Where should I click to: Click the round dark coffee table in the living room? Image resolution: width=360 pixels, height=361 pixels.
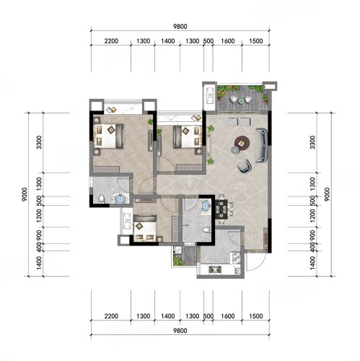point(242,144)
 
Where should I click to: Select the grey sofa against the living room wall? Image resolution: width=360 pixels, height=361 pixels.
point(261,145)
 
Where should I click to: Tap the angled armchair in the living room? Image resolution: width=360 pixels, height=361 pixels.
point(244,166)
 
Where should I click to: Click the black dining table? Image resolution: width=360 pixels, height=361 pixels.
point(221,209)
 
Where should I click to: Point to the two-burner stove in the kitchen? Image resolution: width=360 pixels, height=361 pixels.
point(215,269)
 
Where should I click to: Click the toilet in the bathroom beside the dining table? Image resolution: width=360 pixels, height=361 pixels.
point(206,230)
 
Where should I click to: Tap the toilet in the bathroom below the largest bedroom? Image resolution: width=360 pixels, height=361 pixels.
point(102,199)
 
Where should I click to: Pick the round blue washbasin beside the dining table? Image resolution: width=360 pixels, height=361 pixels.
point(206,206)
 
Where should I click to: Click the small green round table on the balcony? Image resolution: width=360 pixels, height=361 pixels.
point(241,101)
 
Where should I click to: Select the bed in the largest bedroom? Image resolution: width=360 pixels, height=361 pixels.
point(108,136)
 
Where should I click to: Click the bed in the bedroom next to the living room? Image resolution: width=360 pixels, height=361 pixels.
point(188,136)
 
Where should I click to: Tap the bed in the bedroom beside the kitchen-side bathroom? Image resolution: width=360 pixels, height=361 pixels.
point(145,228)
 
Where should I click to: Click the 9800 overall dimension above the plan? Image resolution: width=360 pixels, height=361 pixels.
point(180,27)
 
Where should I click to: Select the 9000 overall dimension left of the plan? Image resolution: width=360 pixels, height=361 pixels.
point(25,194)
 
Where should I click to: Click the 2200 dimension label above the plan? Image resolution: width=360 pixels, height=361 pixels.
point(111,41)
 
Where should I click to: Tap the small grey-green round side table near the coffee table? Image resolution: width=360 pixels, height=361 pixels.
point(235,150)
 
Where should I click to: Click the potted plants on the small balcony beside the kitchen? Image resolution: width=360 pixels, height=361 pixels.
point(179,261)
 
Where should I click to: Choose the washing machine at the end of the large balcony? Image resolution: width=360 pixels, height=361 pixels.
point(211,96)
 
